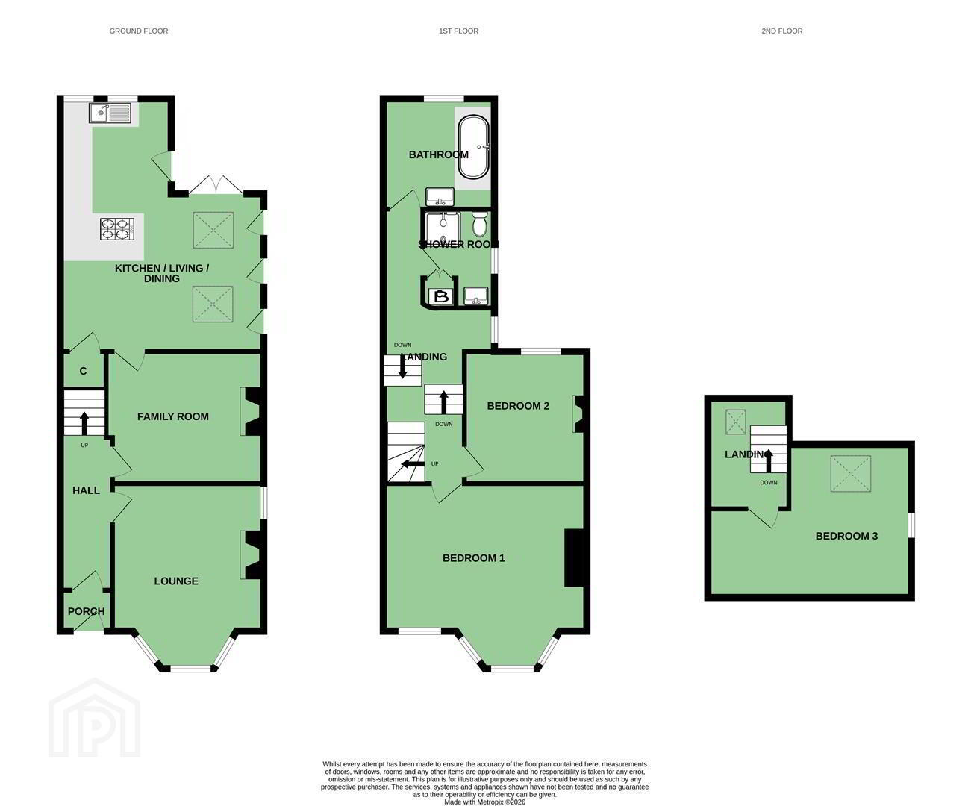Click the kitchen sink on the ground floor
coord(110,113)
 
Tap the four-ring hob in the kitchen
coord(117,229)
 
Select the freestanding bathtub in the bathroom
coord(473,146)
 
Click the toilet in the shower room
coord(479,224)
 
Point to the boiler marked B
coord(441,296)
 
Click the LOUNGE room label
coord(176,581)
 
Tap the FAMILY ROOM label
coord(173,416)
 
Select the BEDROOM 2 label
coord(518,406)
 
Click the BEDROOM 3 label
coord(846,537)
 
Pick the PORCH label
coord(86,612)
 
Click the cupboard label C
coord(84,371)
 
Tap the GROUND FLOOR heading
coord(139,31)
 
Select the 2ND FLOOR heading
coord(781,31)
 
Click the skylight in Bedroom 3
coord(851,473)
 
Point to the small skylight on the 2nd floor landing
coord(736,422)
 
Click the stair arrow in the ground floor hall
coord(84,422)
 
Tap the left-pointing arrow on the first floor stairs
coord(413,464)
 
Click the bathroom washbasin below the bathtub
coord(440,197)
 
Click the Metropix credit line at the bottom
coord(484,802)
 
